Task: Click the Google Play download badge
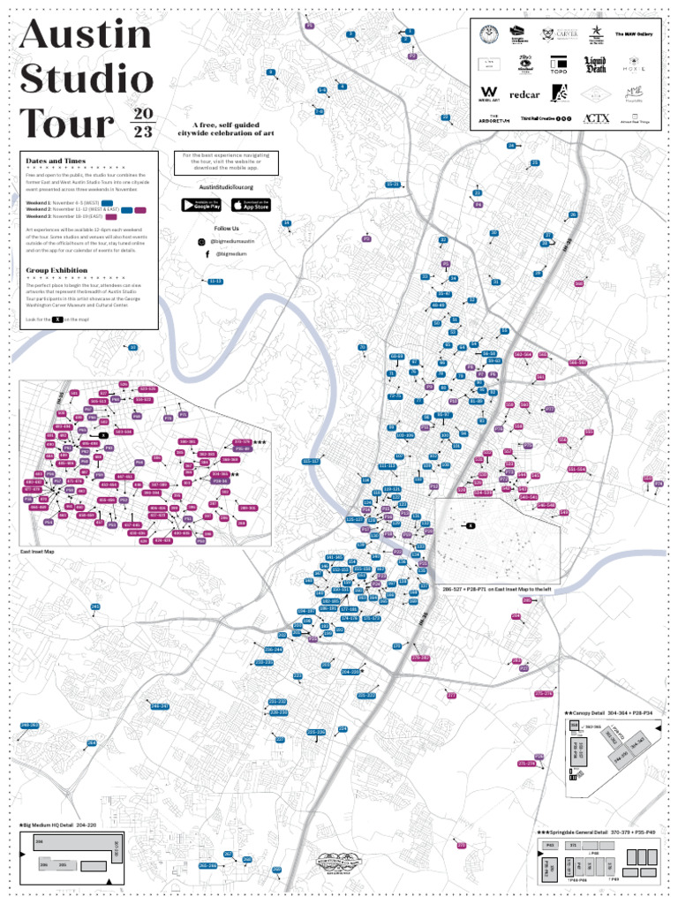click(201, 205)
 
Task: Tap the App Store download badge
click(251, 205)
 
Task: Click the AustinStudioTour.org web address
click(226, 187)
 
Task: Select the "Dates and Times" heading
click(56, 162)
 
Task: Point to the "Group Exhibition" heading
click(56, 270)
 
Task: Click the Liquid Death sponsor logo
click(595, 64)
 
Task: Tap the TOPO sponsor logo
click(558, 64)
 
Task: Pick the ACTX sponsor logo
click(597, 118)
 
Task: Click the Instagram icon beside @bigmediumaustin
click(202, 241)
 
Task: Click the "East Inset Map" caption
click(37, 552)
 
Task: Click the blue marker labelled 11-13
click(215, 282)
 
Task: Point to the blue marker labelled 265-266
click(208, 866)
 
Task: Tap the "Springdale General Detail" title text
click(586, 832)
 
